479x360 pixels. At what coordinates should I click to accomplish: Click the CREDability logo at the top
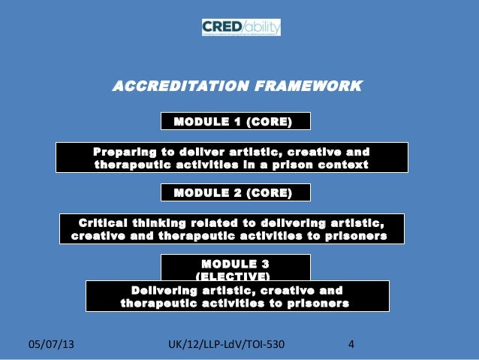(240, 28)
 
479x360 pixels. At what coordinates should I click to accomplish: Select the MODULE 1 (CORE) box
(236, 121)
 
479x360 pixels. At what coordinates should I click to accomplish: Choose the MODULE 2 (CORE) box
(236, 193)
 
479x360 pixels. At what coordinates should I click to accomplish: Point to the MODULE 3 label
(236, 264)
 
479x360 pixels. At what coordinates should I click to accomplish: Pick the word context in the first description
(342, 165)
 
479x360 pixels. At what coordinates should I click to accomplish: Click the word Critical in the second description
(102, 222)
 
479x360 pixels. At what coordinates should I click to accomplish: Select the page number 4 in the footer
(351, 346)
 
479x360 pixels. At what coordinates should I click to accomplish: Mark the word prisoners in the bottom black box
(313, 304)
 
